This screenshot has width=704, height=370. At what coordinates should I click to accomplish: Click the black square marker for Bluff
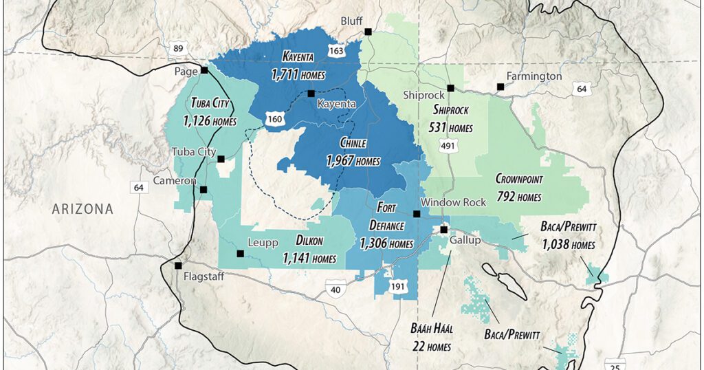click(x=368, y=31)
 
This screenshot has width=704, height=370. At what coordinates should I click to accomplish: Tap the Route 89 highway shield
click(x=178, y=48)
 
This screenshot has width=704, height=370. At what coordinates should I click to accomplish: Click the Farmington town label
click(x=534, y=76)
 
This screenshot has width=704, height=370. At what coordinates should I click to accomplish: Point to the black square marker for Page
click(x=204, y=70)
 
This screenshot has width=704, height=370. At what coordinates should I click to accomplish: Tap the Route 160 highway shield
click(x=275, y=120)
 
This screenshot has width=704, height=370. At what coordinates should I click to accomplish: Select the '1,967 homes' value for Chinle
click(x=353, y=161)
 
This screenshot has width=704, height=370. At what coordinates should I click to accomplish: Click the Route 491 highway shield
click(x=448, y=146)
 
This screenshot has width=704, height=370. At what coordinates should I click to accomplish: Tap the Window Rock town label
click(x=453, y=202)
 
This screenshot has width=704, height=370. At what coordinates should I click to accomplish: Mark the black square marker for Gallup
click(x=444, y=230)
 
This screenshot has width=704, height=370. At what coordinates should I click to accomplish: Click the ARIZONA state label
click(x=83, y=208)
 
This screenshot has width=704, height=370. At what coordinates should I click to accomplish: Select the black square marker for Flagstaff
click(x=178, y=265)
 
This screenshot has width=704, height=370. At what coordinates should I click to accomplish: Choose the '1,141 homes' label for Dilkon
click(x=309, y=259)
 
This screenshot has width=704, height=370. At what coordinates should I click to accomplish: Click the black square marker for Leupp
click(x=240, y=254)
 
